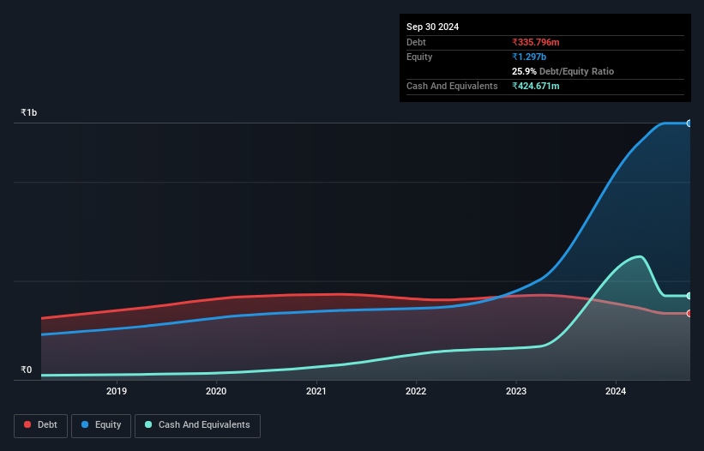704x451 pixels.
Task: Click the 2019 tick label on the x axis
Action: click(x=117, y=391)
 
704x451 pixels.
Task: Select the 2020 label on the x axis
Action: click(x=216, y=391)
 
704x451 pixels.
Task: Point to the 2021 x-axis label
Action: click(x=316, y=391)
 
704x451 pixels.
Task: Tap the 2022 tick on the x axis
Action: click(x=416, y=391)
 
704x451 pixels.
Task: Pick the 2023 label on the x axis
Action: click(x=516, y=391)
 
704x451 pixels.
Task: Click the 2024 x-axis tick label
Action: click(x=616, y=391)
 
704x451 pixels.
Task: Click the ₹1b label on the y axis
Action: click(x=29, y=112)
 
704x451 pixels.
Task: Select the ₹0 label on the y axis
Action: click(x=26, y=370)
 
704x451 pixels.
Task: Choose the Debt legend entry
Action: click(x=39, y=424)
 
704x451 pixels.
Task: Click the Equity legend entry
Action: click(x=100, y=424)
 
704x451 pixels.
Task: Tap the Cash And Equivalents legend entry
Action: click(x=197, y=424)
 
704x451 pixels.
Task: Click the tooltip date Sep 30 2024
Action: click(x=432, y=27)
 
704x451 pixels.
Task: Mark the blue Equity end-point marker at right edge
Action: click(x=689, y=123)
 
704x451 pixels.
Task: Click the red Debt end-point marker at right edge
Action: click(x=689, y=313)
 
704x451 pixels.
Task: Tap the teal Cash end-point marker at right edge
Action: click(x=689, y=296)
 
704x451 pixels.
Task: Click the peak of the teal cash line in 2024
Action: click(x=638, y=256)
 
